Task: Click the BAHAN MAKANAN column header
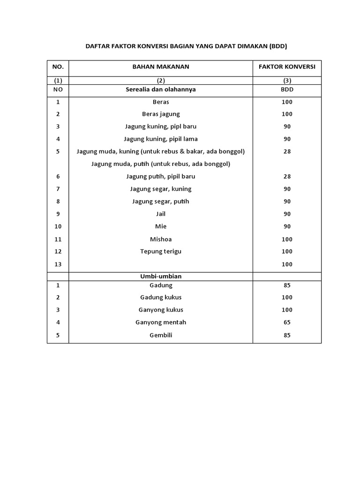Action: pos(161,67)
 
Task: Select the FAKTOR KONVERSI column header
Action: pos(287,67)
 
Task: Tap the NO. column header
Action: pos(58,67)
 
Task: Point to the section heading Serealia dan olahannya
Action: pos(161,89)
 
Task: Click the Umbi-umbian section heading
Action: pos(161,276)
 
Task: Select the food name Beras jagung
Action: pos(161,114)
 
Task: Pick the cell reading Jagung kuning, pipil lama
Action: pos(161,139)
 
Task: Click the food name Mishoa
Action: pos(161,239)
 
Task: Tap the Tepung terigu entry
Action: pos(161,251)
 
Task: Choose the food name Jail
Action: pos(161,214)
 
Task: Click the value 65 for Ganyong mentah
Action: pos(287,322)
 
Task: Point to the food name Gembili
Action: pos(161,335)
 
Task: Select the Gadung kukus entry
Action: pos(161,297)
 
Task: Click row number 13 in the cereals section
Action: pos(58,264)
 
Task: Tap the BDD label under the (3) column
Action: pos(287,89)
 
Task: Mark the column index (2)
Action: pos(161,80)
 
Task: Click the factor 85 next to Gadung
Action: pos(287,285)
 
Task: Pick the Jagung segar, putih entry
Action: pos(161,201)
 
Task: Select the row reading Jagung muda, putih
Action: pos(161,164)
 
